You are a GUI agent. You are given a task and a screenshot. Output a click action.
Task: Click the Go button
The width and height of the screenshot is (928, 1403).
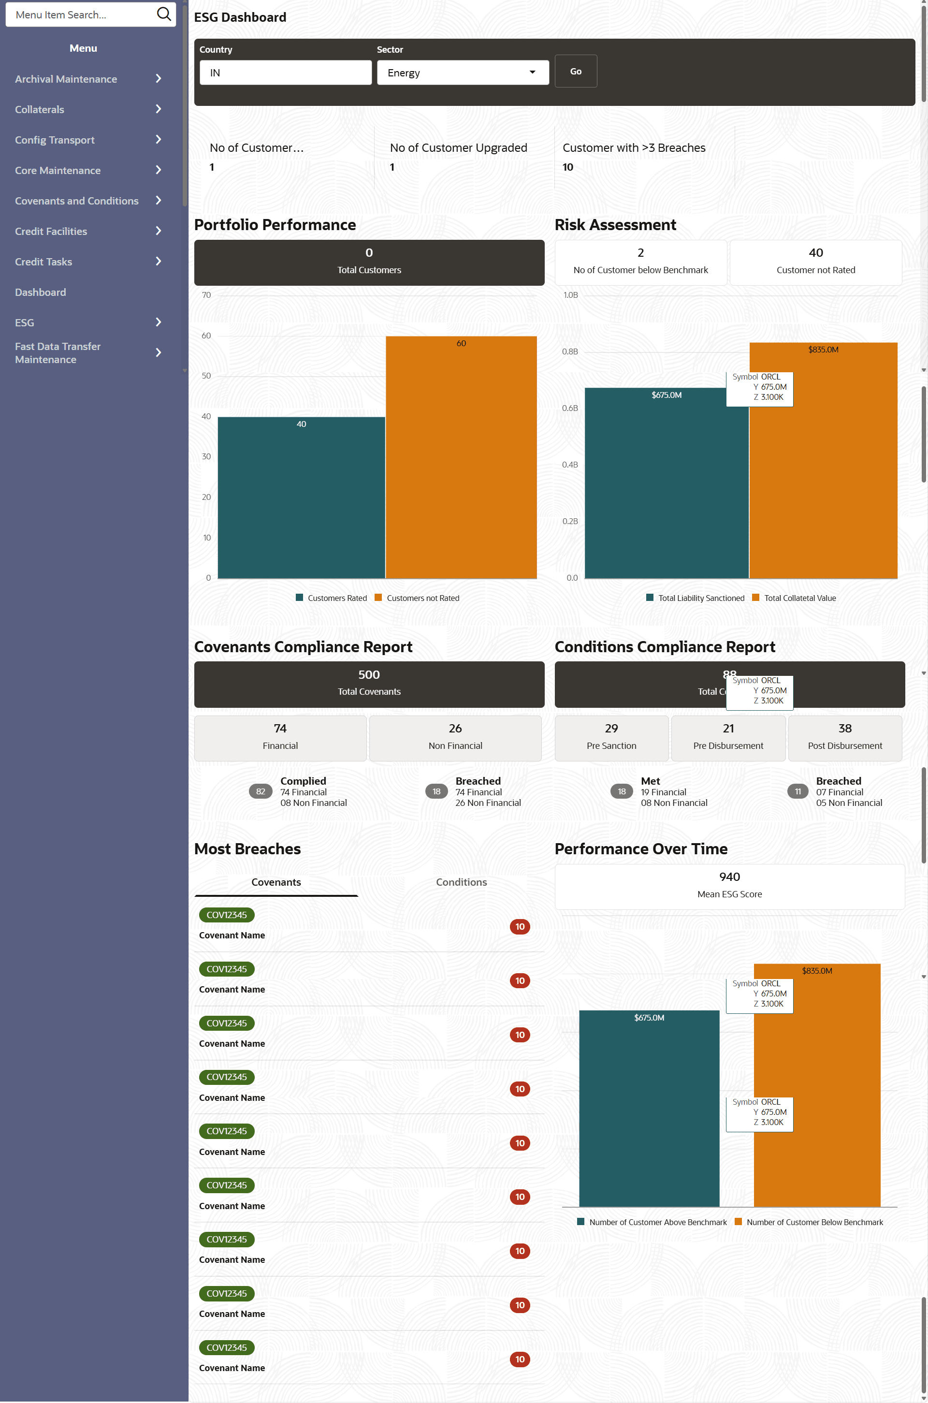tap(575, 71)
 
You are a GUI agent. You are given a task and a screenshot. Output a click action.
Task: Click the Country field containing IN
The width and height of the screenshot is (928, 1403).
tap(285, 73)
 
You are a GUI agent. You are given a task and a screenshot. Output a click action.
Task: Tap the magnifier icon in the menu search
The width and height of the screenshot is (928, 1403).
tap(163, 14)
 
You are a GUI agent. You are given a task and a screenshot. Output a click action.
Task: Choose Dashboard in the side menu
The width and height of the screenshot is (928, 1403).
tap(40, 292)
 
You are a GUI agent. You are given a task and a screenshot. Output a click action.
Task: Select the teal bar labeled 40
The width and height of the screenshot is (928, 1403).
tap(301, 497)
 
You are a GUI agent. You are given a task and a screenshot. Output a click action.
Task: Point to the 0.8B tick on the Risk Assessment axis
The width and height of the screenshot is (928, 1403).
tap(570, 351)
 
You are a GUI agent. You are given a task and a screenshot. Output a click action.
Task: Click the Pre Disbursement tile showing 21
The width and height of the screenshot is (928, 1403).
tap(728, 738)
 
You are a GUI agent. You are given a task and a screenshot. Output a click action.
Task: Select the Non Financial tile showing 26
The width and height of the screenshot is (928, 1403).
tap(455, 738)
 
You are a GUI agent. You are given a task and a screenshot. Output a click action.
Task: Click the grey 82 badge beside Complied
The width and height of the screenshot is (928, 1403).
tap(261, 791)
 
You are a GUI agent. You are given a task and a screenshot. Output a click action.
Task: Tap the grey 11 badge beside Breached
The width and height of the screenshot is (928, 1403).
tap(797, 791)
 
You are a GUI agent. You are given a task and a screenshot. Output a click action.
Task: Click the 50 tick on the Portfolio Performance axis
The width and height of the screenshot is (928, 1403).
tap(206, 376)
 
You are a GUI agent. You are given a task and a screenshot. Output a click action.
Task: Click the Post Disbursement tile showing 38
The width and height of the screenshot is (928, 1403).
tap(844, 738)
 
